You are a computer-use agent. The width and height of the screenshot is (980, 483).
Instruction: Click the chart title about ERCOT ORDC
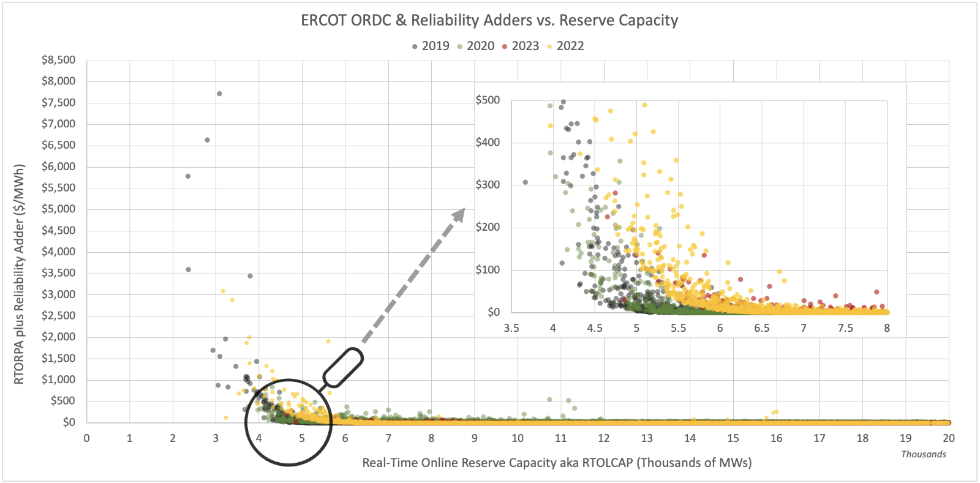pyautogui.click(x=489, y=20)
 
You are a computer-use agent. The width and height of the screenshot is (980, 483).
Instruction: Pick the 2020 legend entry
pyautogui.click(x=476, y=46)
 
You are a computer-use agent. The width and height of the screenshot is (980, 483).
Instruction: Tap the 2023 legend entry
pyautogui.click(x=521, y=46)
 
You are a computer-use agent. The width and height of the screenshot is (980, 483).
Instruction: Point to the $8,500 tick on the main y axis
pyautogui.click(x=59, y=60)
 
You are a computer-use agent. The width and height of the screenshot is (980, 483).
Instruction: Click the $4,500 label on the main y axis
pyautogui.click(x=59, y=230)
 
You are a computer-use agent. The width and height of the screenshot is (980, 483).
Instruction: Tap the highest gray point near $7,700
pyautogui.click(x=219, y=94)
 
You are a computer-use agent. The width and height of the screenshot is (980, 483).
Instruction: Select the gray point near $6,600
pyautogui.click(x=207, y=140)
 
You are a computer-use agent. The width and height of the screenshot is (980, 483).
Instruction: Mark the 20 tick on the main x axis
pyautogui.click(x=948, y=438)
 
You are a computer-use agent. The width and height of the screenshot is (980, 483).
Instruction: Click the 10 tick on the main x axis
pyautogui.click(x=518, y=438)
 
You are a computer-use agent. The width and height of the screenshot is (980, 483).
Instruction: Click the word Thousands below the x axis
pyautogui.click(x=923, y=454)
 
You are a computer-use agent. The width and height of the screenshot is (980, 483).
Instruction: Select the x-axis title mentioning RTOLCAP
pyautogui.click(x=557, y=463)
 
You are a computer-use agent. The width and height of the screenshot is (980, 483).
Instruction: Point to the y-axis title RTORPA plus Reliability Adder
pyautogui.click(x=19, y=274)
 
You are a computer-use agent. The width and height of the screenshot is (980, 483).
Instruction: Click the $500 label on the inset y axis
pyautogui.click(x=488, y=100)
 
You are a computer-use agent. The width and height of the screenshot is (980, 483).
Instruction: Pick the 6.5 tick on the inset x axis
pyautogui.click(x=761, y=328)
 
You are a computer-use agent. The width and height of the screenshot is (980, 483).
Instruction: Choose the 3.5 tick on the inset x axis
pyautogui.click(x=511, y=328)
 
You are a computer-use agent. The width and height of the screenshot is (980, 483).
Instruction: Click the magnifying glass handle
pyautogui.click(x=343, y=367)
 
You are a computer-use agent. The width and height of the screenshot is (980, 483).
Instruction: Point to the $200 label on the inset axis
pyautogui.click(x=488, y=227)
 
